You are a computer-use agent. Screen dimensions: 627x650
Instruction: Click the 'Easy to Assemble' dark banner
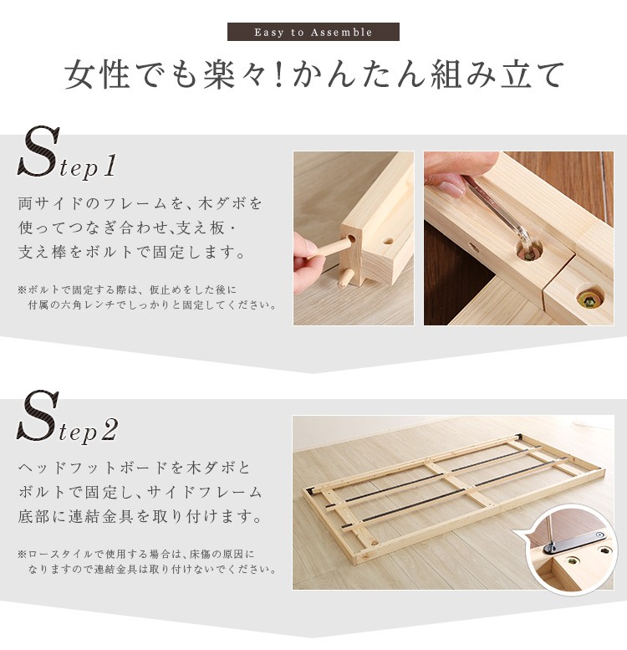(313, 32)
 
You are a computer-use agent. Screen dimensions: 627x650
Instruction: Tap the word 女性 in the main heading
(97, 75)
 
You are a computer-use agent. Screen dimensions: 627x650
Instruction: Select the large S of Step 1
(38, 151)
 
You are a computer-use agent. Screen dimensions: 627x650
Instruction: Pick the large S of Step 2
(38, 416)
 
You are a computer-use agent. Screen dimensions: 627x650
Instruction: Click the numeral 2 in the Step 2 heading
(109, 430)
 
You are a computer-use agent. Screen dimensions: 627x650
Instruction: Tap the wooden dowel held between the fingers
(330, 249)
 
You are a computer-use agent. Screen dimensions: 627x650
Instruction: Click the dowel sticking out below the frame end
(344, 278)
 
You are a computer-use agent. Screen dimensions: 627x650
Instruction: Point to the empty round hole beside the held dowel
(387, 241)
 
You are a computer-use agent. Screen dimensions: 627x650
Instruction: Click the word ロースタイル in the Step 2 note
(54, 554)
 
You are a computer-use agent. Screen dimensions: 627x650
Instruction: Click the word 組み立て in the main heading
(497, 75)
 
